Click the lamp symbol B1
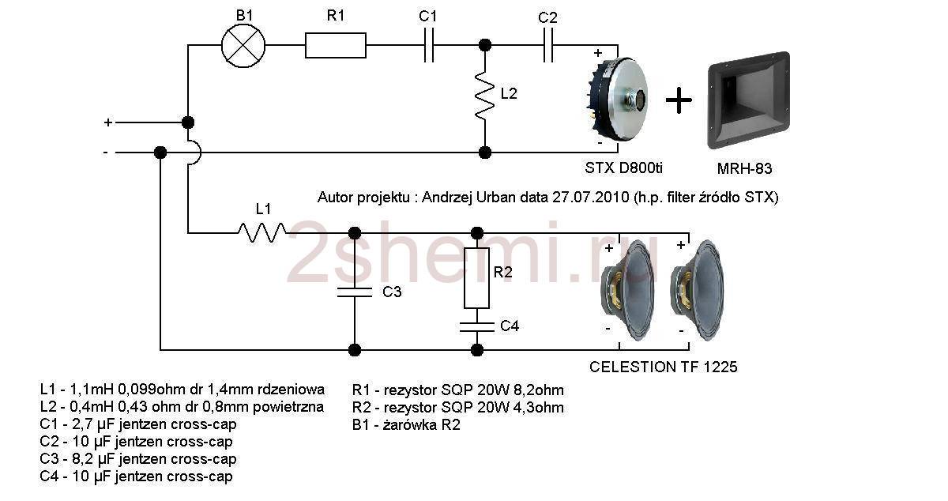point(243,44)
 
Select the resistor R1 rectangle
point(336,45)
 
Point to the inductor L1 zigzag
point(263,232)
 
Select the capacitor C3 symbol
point(355,292)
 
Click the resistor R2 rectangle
point(476,277)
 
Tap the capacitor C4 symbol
point(476,325)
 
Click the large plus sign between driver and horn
point(679,100)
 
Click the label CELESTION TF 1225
point(664,367)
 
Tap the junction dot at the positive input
point(188,122)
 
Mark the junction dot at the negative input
point(160,152)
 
